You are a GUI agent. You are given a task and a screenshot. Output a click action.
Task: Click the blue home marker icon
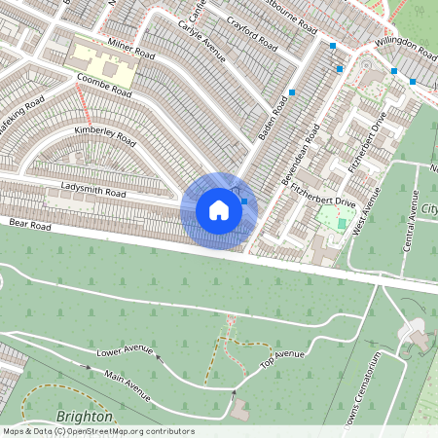point(219,210)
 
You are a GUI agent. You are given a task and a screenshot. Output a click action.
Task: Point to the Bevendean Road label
point(301,155)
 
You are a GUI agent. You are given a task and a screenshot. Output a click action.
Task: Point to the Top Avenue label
point(282,358)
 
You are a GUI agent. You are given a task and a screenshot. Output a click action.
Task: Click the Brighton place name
point(86,417)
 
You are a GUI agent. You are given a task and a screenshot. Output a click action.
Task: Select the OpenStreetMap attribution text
point(97,431)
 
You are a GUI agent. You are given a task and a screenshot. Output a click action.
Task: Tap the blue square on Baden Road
point(292,91)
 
